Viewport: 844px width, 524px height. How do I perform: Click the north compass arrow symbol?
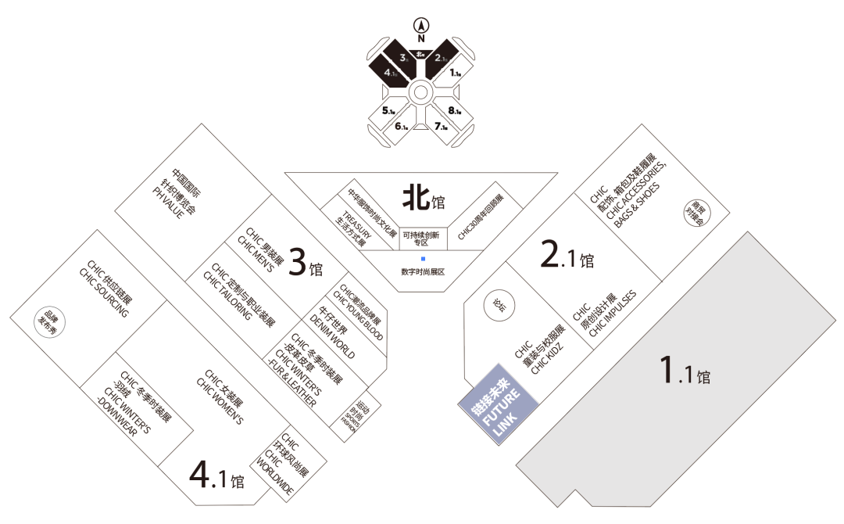421,23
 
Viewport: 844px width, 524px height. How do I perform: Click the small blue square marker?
423,258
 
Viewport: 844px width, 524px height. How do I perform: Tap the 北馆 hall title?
423,199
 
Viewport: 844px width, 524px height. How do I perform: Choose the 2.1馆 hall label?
567,254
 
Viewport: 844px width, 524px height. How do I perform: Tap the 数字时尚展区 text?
422,271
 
